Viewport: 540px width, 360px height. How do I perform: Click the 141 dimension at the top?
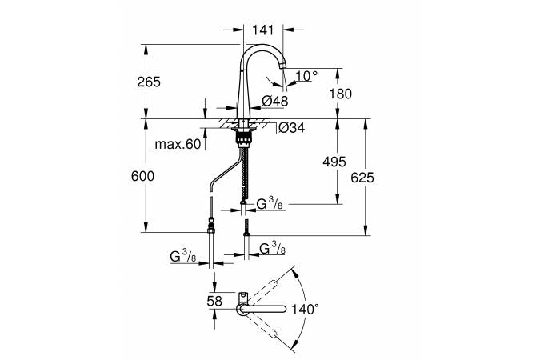coord(262,30)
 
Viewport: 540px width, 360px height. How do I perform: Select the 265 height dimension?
coord(149,82)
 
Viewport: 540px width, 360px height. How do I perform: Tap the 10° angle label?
coord(306,75)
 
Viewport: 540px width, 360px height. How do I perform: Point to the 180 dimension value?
coord(341,94)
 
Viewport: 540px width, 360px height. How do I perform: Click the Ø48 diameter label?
coord(275,102)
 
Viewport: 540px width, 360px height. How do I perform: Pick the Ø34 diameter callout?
coord(291,128)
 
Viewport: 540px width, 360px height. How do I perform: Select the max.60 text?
coord(178,144)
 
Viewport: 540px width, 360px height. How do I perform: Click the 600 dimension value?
coord(142,176)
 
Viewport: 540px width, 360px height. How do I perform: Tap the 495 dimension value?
coord(334,162)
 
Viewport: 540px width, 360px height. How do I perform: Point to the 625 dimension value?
coord(362,178)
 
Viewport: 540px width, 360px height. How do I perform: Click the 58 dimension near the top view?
coord(214,301)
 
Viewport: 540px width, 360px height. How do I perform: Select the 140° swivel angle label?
coord(305,309)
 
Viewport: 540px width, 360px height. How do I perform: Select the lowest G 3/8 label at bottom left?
coord(183,257)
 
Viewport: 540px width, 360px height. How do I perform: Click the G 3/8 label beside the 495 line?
coord(270,204)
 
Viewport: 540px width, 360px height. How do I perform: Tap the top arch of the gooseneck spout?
coord(262,46)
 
